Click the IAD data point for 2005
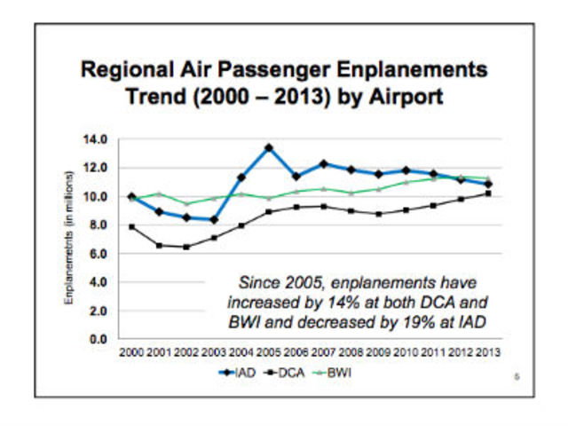268,147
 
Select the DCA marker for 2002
185,247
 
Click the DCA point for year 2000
131,226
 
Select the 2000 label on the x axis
131,352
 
